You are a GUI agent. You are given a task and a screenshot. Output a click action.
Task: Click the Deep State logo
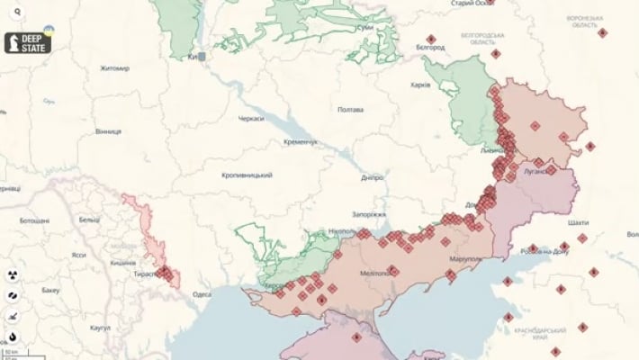[31, 40]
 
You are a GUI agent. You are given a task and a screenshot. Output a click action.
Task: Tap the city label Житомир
[115, 68]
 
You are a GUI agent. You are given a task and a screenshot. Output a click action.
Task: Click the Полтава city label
[350, 110]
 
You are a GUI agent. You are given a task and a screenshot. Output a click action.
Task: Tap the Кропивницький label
[247, 175]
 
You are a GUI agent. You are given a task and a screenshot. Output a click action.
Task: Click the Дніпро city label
[373, 177]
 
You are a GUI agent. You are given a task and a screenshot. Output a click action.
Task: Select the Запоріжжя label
[369, 215]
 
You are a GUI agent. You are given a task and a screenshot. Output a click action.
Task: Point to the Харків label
[419, 85]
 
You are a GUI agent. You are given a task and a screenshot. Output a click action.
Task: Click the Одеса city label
[202, 293]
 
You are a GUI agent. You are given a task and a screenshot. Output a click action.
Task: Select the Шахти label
[580, 221]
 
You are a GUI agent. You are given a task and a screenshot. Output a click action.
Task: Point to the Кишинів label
[122, 262]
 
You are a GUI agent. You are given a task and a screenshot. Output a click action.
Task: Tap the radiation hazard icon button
[13, 273]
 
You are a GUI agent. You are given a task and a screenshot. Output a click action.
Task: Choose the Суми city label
[365, 29]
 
